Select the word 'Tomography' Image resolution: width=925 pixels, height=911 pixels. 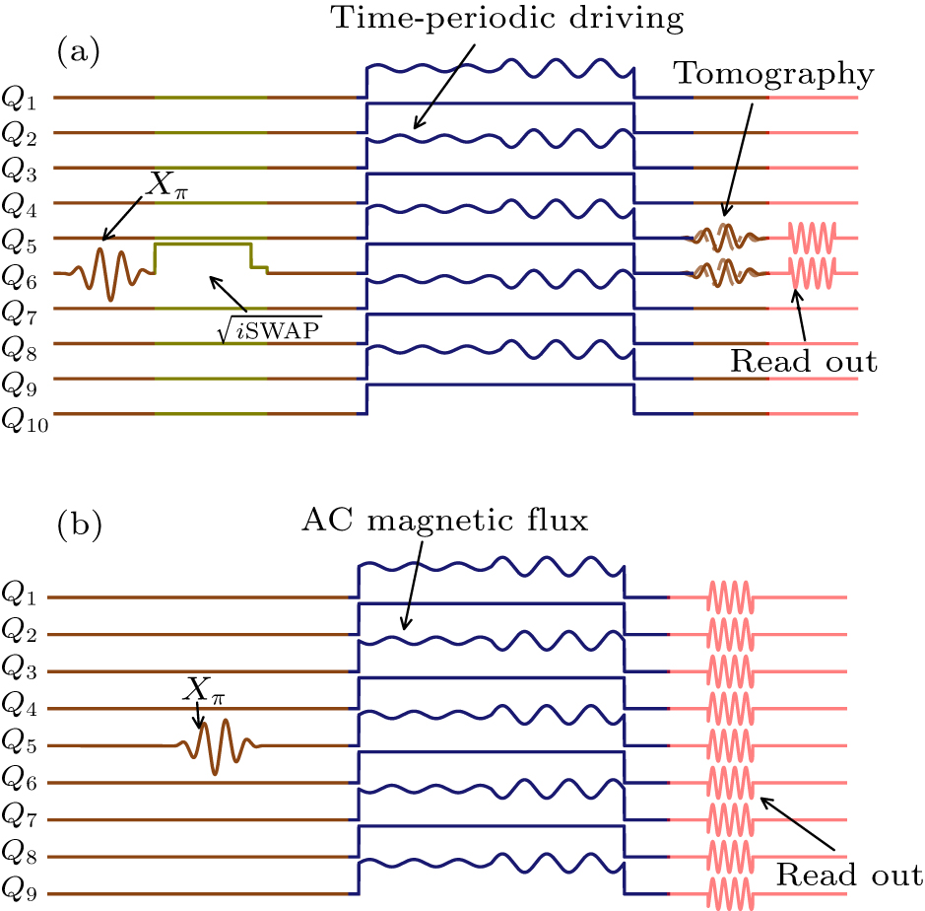[x=774, y=73]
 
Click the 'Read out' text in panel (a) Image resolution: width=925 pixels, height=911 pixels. [x=803, y=360]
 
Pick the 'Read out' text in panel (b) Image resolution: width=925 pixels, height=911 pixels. [x=848, y=874]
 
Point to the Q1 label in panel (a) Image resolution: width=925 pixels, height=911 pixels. [x=25, y=100]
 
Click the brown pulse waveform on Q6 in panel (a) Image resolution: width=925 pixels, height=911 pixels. [x=110, y=273]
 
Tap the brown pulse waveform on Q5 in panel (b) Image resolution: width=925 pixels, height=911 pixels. [x=217, y=746]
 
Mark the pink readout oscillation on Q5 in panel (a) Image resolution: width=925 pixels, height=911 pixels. [x=812, y=238]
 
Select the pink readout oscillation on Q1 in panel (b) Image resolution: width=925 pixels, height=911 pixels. [x=729, y=597]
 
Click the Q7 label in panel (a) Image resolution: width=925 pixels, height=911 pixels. [x=25, y=312]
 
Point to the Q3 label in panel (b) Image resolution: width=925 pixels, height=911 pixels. [x=25, y=672]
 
